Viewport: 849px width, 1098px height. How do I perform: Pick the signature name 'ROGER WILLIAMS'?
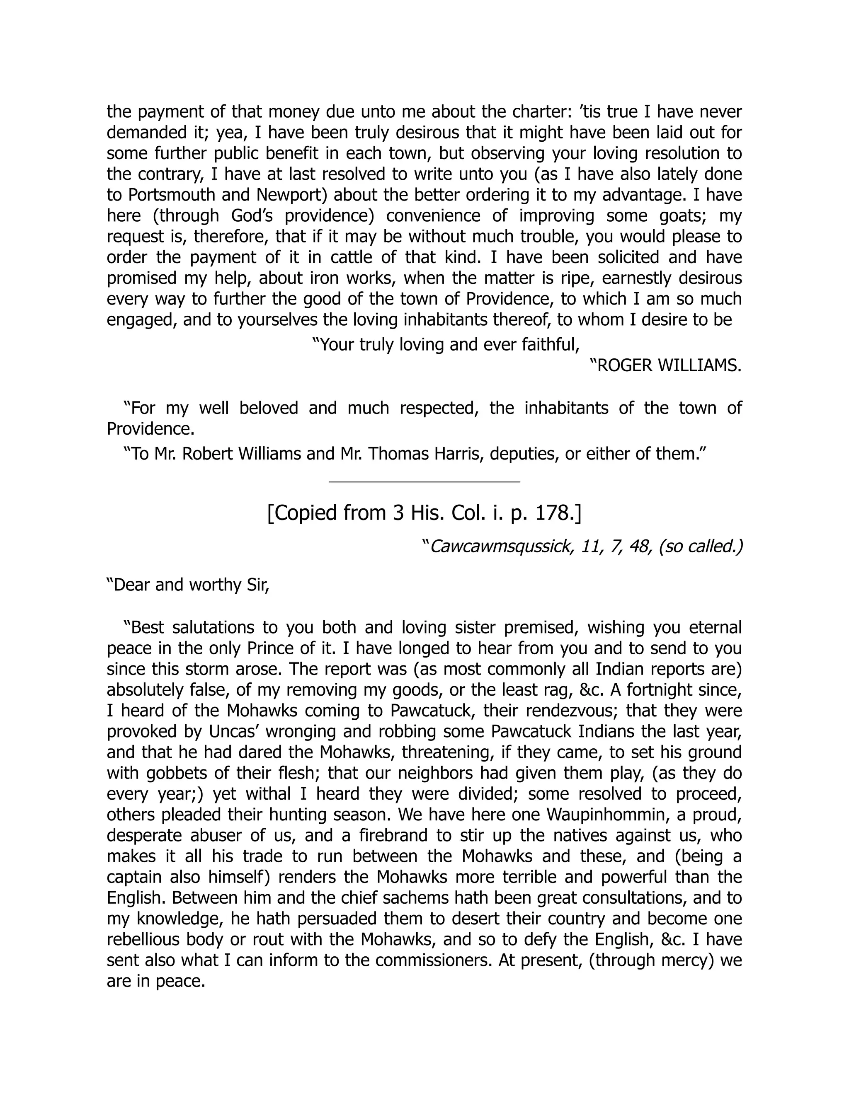tap(669, 366)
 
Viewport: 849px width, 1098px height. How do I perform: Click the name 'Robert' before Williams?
tap(207, 454)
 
